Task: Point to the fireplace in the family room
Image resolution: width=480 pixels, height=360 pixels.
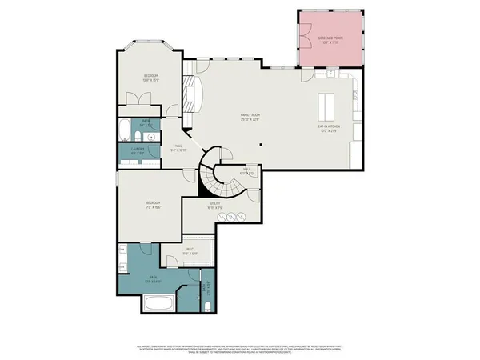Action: pyautogui.click(x=190, y=95)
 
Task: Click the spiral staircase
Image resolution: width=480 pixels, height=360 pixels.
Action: pyautogui.click(x=217, y=175)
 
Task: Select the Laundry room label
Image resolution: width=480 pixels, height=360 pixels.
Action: pyautogui.click(x=137, y=151)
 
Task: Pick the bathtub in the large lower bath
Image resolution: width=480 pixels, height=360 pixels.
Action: pyautogui.click(x=156, y=303)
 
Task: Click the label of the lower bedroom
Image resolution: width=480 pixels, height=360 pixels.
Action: pyautogui.click(x=154, y=205)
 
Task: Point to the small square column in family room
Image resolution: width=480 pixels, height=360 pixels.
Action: pyautogui.click(x=260, y=145)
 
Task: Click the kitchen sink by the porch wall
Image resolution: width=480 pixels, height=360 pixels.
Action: pyautogui.click(x=330, y=74)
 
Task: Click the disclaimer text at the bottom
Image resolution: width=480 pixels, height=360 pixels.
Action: pyautogui.click(x=239, y=349)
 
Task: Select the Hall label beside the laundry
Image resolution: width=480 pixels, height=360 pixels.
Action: pyautogui.click(x=180, y=147)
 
